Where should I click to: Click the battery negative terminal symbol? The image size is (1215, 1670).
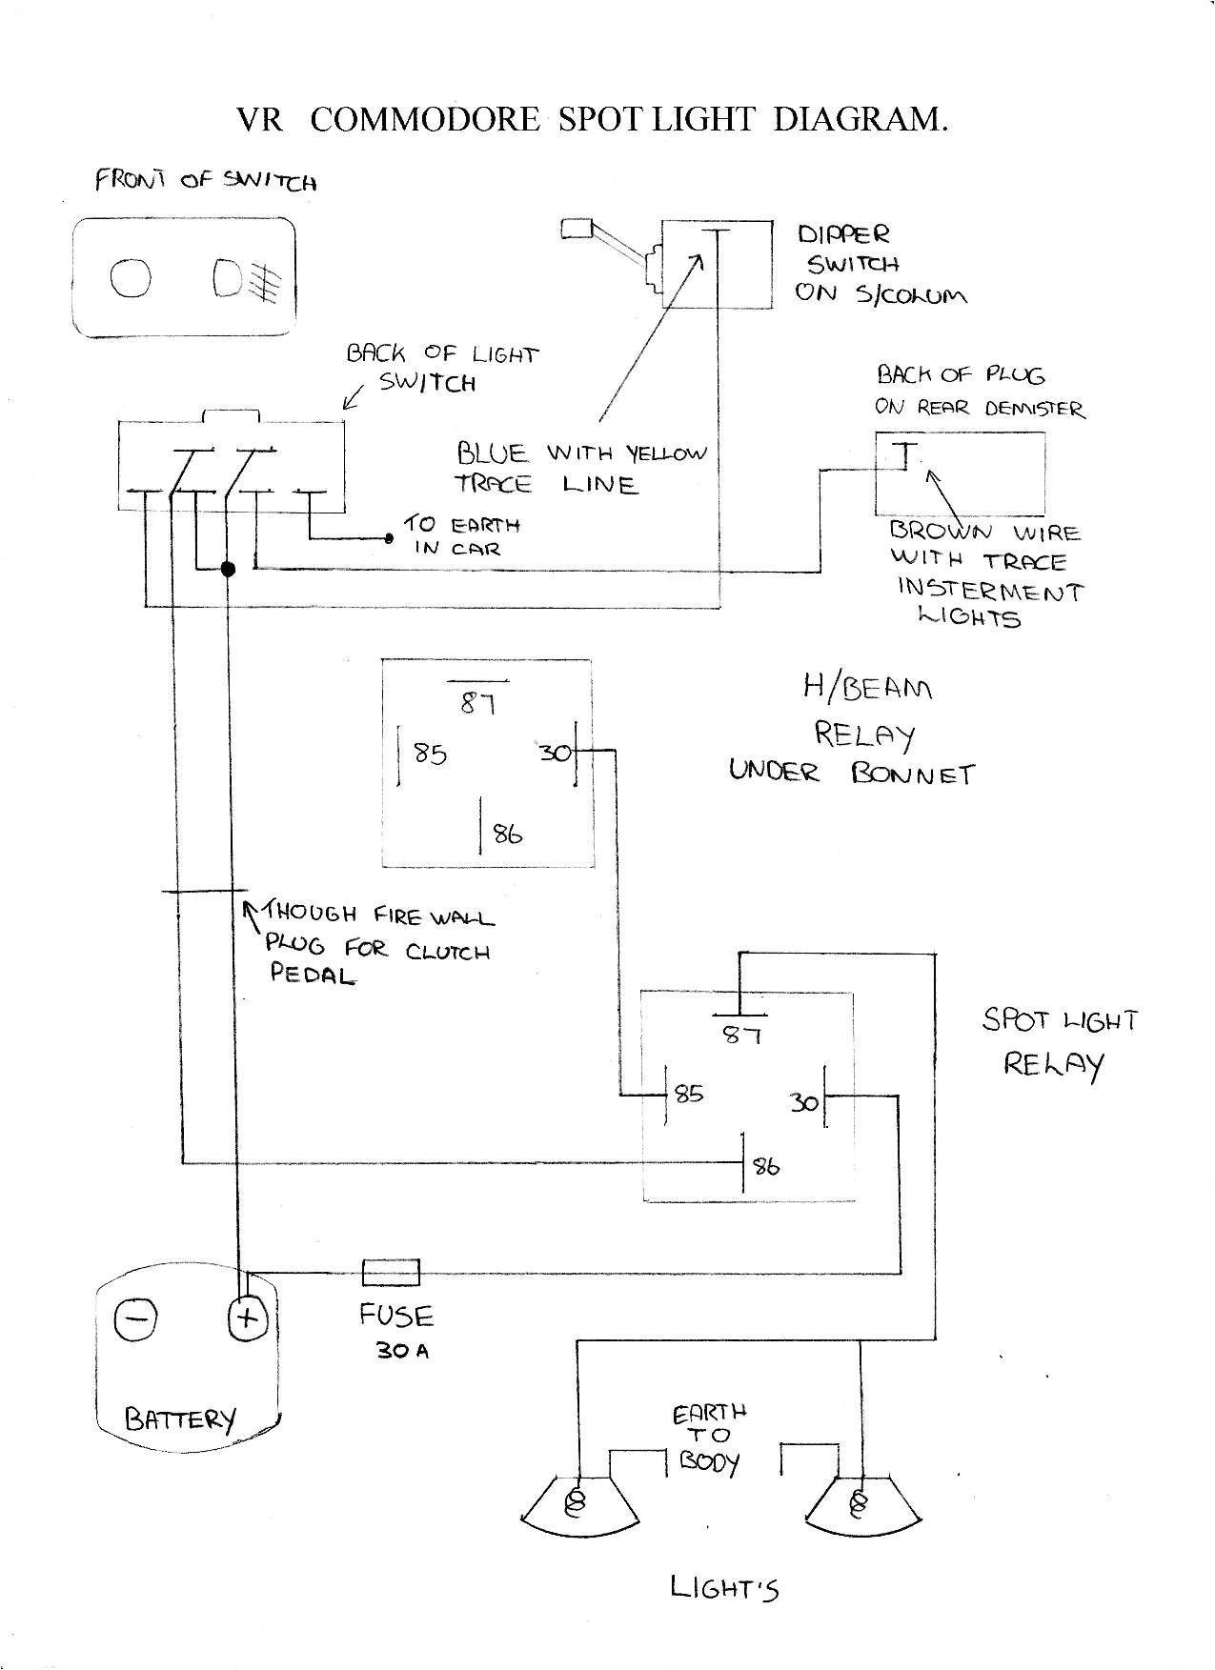(135, 1318)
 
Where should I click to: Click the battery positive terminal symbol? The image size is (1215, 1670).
(248, 1318)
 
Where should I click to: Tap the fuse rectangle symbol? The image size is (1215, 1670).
(391, 1272)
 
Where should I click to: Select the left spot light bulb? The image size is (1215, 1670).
(576, 1502)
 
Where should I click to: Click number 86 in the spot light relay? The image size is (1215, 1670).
(766, 1166)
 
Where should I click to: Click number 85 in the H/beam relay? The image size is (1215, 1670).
(430, 754)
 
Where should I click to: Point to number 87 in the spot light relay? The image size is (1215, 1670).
(741, 1034)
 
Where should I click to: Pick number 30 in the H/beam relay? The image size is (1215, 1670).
(555, 753)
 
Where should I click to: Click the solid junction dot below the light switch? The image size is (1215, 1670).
(228, 570)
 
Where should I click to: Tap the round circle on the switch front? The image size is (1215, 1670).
(131, 278)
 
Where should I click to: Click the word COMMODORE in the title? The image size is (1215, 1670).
(425, 119)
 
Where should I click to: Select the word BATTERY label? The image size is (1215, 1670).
(179, 1419)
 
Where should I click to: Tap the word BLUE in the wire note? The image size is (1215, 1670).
(491, 453)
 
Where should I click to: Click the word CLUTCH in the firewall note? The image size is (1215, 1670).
(447, 952)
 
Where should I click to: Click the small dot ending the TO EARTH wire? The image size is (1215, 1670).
(389, 539)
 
